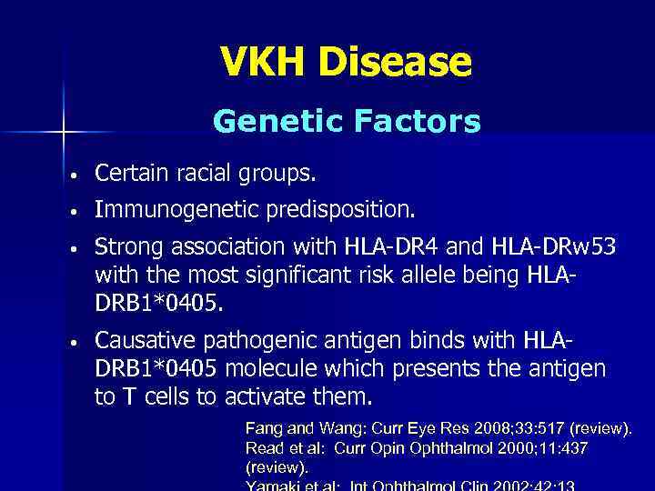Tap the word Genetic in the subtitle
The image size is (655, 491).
pyautogui.click(x=263, y=121)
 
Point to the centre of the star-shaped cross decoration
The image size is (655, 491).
pyautogui.click(x=63, y=133)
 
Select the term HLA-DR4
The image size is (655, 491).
pyautogui.click(x=388, y=247)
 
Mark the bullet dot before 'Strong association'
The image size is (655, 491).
pyautogui.click(x=81, y=248)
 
